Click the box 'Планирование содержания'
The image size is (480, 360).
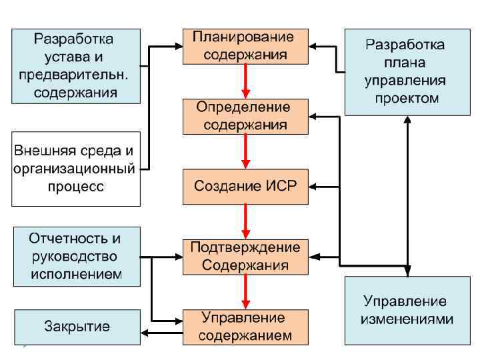tap(245, 46)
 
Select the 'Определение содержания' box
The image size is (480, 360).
tap(245, 115)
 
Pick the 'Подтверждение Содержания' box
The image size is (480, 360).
tap(245, 256)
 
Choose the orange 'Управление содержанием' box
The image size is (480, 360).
tap(245, 326)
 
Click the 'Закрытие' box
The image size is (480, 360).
tap(77, 327)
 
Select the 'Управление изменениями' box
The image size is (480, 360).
tap(407, 311)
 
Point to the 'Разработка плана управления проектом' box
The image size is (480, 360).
tap(407, 71)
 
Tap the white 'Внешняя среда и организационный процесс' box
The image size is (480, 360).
tap(76, 169)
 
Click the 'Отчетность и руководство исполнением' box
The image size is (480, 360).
tap(76, 256)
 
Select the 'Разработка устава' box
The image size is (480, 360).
tap(76, 65)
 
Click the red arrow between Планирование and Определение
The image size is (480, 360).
tap(245, 81)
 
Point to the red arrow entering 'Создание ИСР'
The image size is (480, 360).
tap(245, 151)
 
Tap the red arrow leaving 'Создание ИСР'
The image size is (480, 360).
tap(245, 221)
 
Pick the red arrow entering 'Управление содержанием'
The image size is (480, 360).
tap(245, 291)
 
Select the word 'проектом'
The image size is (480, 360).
tap(407, 99)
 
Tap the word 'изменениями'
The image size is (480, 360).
tap(407, 319)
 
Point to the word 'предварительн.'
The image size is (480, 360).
tap(76, 74)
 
